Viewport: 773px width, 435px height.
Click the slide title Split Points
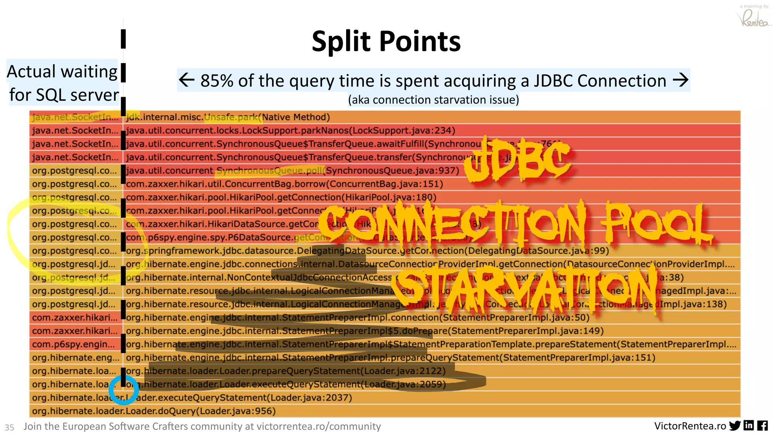[386, 41]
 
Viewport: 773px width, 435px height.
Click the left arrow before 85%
[186, 80]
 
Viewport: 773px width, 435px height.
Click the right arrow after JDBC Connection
[681, 80]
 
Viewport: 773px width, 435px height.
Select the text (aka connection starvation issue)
[433, 100]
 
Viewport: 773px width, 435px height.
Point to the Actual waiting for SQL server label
[63, 83]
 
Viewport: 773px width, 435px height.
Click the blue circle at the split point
[123, 389]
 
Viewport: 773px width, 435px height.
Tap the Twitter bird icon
[735, 426]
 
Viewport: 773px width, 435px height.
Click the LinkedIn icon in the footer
[749, 426]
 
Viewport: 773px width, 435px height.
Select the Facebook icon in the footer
[762, 426]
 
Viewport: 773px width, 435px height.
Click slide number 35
[9, 427]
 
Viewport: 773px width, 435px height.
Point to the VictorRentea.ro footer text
[690, 426]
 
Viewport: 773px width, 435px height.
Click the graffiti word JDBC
[517, 160]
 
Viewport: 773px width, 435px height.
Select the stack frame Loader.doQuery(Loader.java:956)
[154, 411]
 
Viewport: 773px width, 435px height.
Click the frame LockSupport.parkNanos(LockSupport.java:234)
[291, 131]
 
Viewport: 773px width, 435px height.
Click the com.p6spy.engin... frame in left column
[73, 344]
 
